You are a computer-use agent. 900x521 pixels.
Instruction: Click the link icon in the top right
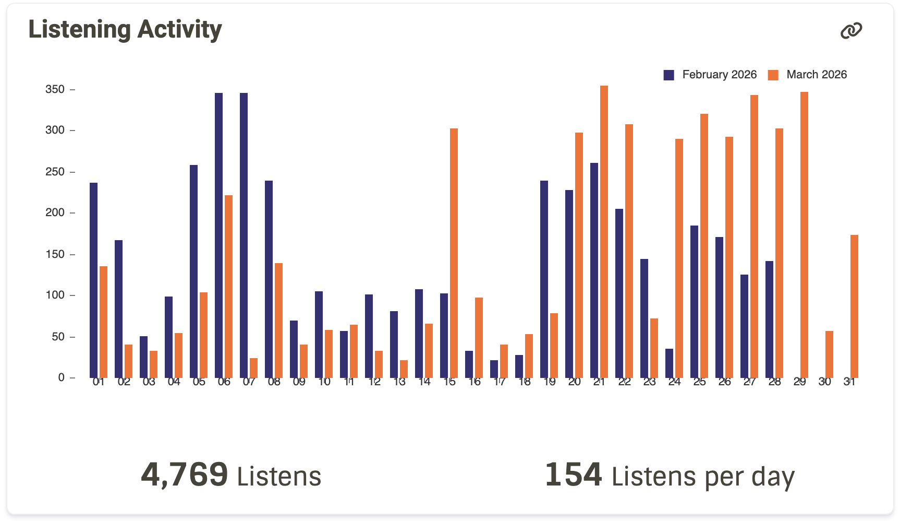click(x=851, y=31)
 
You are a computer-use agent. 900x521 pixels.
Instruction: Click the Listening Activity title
click(x=125, y=30)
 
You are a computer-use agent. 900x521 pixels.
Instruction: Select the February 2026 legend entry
click(x=710, y=75)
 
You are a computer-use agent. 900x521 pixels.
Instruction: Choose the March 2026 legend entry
click(x=808, y=75)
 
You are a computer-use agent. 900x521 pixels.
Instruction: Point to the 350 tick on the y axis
click(x=55, y=89)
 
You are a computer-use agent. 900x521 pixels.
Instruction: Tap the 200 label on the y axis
click(x=55, y=212)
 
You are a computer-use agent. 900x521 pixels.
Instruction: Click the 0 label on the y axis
click(x=62, y=377)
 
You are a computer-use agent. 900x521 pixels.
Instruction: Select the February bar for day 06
click(x=218, y=235)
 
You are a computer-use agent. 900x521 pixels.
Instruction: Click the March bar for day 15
click(x=454, y=253)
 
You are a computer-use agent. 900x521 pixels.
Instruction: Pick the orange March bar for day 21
click(x=604, y=232)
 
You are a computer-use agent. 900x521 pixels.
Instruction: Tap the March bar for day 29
click(x=804, y=235)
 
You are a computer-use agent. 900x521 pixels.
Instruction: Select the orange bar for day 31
click(x=854, y=306)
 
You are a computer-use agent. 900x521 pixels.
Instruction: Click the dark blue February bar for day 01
click(x=93, y=280)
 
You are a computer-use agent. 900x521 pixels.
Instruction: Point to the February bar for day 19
click(x=544, y=279)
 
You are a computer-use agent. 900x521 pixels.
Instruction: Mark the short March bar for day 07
click(x=253, y=368)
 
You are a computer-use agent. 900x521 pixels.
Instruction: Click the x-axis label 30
click(x=824, y=382)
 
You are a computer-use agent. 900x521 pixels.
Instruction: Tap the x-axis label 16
click(x=474, y=382)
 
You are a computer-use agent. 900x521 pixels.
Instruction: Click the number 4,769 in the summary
click(x=185, y=475)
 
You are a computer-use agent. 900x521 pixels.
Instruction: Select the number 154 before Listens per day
click(x=573, y=475)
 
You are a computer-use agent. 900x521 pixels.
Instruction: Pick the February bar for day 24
click(x=669, y=363)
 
